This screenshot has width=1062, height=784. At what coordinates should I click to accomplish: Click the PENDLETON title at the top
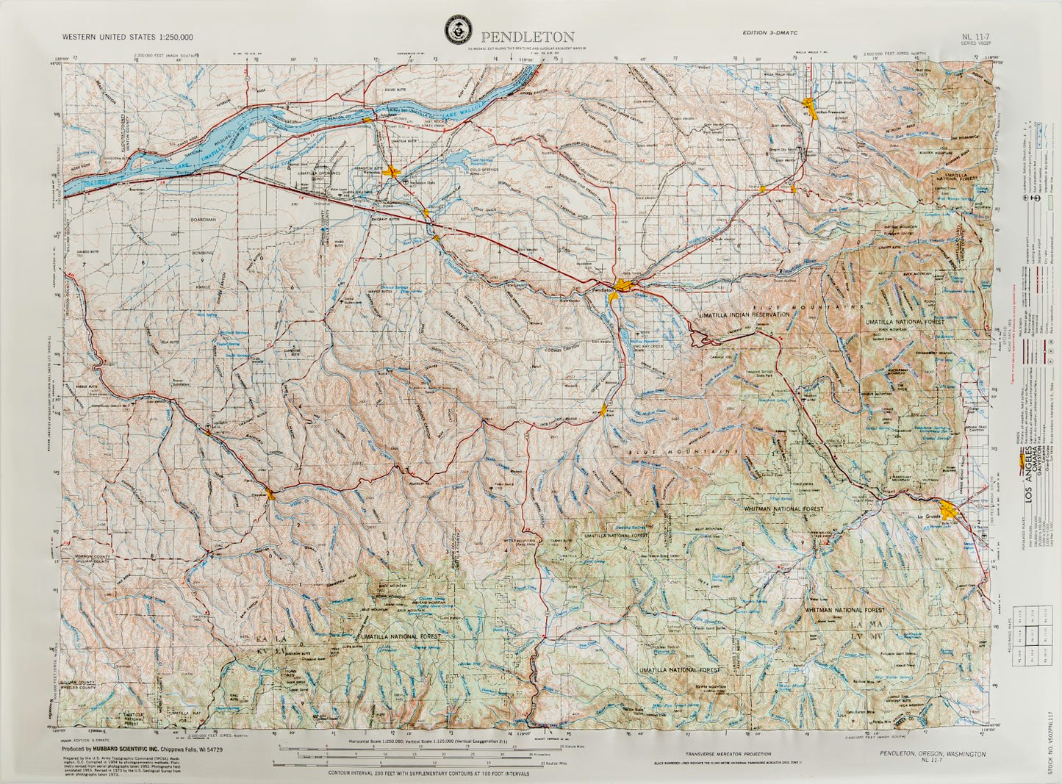point(528,37)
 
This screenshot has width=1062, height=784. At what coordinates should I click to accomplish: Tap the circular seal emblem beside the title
point(459,31)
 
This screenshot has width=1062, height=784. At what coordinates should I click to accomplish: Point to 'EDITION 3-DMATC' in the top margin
point(770,32)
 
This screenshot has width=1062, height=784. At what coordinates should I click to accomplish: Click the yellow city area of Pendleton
point(623,286)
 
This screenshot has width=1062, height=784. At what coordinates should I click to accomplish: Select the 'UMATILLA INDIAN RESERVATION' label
point(739,314)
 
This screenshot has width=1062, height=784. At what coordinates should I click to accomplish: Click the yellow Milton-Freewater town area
point(812,109)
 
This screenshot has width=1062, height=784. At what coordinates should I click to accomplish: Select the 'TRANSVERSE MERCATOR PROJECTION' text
point(728,754)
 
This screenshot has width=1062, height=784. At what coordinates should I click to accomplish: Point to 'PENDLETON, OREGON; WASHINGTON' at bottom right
point(932,754)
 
